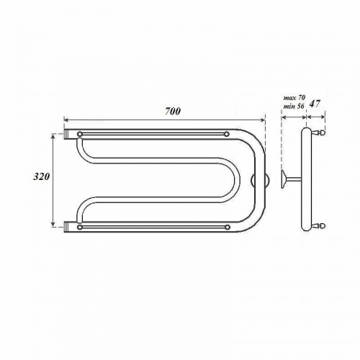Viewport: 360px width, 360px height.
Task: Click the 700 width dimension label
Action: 173,111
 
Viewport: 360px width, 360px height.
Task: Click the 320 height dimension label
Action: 41,176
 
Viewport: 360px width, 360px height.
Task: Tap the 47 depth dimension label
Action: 315,104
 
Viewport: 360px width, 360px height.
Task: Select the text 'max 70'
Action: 294,98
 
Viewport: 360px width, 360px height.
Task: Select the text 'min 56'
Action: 294,107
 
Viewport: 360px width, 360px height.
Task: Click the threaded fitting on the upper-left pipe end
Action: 66,134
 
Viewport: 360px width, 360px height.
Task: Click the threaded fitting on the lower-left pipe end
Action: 66,227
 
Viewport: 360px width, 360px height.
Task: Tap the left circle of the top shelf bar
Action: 80,134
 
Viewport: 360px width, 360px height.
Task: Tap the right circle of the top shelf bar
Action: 227,134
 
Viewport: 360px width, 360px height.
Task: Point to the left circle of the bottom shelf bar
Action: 80,227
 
